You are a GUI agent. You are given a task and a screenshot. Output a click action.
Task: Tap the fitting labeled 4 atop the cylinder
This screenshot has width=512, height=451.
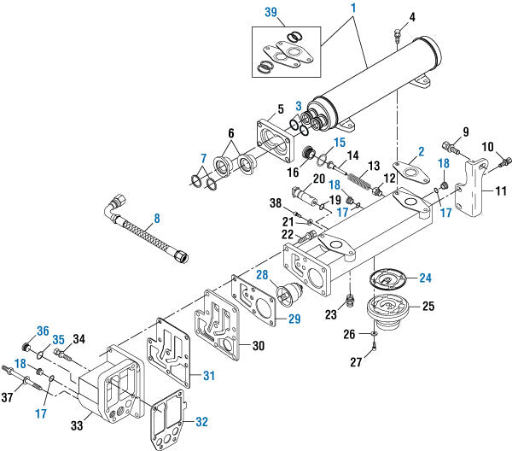click(x=398, y=35)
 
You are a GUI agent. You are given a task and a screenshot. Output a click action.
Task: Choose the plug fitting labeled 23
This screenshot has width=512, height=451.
click(x=348, y=301)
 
